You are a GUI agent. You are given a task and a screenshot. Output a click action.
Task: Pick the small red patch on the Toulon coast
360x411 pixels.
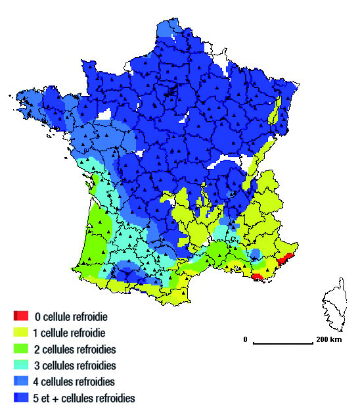coord(259,277)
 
